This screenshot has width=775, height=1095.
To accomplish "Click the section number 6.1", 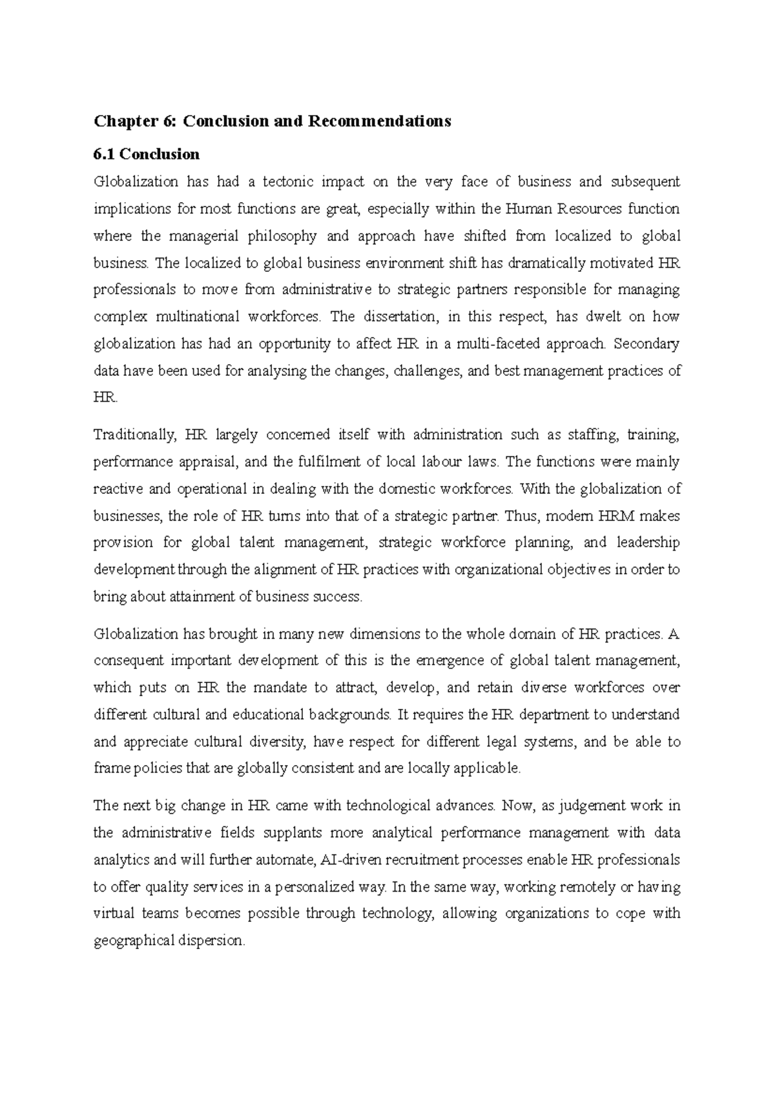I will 105,154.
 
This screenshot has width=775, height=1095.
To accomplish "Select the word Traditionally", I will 134,435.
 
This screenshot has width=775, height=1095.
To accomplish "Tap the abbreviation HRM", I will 618,517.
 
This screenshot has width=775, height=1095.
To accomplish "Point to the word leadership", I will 648,543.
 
